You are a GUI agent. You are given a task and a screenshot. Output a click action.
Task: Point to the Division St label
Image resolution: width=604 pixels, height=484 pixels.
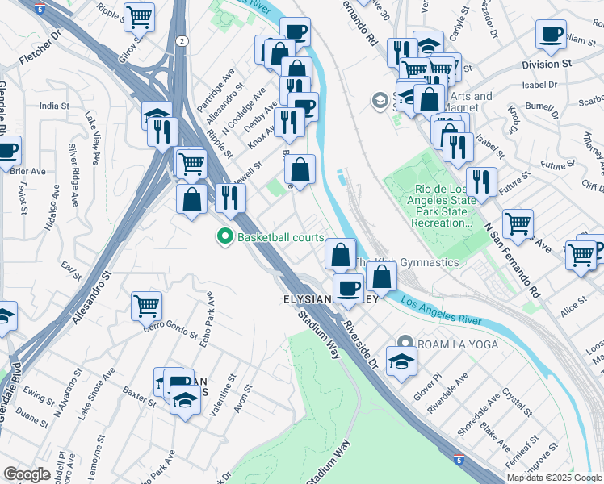click(x=546, y=64)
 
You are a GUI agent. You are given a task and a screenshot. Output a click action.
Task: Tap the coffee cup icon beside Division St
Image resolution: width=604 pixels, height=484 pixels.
click(x=552, y=35)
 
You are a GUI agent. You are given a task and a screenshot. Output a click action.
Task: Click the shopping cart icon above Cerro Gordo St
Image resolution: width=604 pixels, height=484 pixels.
click(x=146, y=305)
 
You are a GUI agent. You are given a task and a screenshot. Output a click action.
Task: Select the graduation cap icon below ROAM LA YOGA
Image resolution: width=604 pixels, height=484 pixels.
click(x=401, y=361)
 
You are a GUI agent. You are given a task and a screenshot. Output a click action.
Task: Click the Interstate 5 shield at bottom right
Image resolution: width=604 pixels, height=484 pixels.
click(x=459, y=460)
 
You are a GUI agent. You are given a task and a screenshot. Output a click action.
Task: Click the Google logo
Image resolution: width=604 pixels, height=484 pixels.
click(x=27, y=474)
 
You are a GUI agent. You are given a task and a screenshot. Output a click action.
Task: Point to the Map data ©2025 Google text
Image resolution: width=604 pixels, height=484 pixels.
click(x=554, y=478)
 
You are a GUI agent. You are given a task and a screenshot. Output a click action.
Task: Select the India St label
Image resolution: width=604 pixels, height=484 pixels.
click(x=54, y=106)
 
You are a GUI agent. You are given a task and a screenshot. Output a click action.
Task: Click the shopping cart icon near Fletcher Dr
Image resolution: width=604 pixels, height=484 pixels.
click(x=140, y=15)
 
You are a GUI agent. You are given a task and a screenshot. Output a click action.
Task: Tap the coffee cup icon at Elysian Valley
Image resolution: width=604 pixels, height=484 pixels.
click(x=348, y=288)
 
